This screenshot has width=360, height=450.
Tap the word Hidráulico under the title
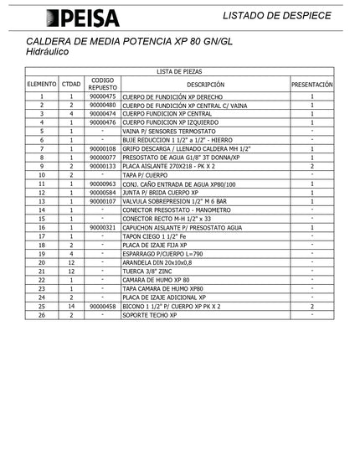pos(48,53)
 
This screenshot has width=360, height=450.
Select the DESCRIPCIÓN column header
pos(205,85)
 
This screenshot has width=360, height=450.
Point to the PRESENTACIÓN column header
pos(312,85)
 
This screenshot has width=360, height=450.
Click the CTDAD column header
pos(71,85)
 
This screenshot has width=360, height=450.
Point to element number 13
pos(41,201)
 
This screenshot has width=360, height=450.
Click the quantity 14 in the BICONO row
pos(71,307)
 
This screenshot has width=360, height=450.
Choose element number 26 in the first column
pos(41,315)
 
